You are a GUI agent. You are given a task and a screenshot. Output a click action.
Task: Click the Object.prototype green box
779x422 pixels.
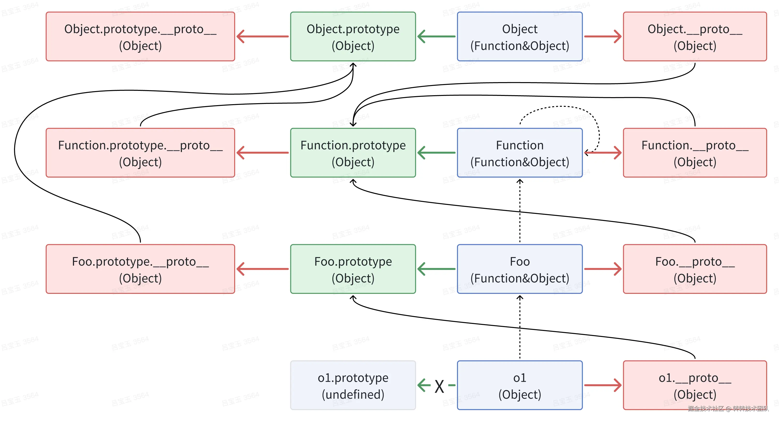[x=353, y=37]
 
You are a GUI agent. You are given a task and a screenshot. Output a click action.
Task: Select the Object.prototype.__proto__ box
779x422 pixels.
[x=140, y=37]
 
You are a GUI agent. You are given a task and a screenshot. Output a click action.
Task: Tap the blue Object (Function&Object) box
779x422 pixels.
[x=520, y=37]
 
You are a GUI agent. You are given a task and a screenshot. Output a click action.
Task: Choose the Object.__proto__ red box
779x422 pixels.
[x=695, y=37]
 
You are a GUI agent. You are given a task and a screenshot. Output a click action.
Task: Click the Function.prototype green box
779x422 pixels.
[x=353, y=153]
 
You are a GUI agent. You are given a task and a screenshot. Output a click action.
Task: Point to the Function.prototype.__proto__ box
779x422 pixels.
[x=140, y=153]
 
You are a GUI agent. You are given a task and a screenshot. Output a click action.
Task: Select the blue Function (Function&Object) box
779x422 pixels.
[x=520, y=153]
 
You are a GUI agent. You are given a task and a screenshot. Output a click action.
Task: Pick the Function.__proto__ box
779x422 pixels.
[x=695, y=153]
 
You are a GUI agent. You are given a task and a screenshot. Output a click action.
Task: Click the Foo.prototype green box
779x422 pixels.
[x=353, y=269]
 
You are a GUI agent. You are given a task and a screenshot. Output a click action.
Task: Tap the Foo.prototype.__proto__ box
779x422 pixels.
[x=140, y=269]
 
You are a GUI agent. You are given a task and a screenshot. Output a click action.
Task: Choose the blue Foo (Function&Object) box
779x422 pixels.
[x=520, y=269]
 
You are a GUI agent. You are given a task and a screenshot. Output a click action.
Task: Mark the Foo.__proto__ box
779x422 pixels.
[x=695, y=269]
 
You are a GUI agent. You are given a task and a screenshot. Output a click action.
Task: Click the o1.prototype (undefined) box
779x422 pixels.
[x=353, y=385]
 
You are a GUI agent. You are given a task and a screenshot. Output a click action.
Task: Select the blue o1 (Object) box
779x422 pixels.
[x=520, y=385]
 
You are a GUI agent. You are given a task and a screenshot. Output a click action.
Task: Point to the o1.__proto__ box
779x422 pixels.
[x=695, y=385]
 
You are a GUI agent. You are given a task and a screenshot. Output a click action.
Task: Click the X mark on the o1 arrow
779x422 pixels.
[x=439, y=386]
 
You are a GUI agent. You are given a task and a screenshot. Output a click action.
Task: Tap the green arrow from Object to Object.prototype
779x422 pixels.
[x=436, y=37]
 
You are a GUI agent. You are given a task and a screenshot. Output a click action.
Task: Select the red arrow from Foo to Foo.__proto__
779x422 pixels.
[x=602, y=269]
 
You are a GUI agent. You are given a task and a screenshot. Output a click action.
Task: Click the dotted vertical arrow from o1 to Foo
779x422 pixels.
[x=520, y=327]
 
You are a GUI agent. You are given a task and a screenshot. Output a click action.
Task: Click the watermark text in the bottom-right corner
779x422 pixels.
[x=728, y=409]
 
